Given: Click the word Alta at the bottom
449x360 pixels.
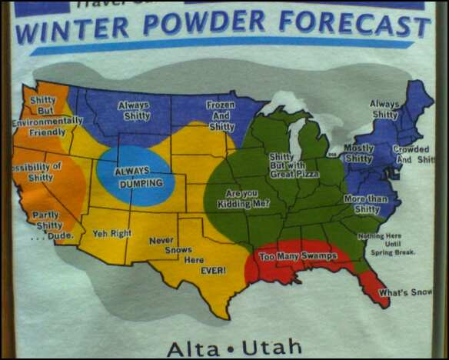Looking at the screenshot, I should point(195,347).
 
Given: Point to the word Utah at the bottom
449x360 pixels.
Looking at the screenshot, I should point(271,347).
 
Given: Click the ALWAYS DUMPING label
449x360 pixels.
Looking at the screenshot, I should point(138,178).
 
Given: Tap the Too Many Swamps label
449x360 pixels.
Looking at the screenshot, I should point(298,256).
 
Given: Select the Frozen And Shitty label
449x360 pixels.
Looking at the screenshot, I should point(221,115).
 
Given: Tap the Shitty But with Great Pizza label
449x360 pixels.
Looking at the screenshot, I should point(293,165).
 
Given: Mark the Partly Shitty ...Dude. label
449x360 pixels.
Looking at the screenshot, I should point(48,225).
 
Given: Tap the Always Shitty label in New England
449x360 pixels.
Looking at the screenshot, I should point(384,108).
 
